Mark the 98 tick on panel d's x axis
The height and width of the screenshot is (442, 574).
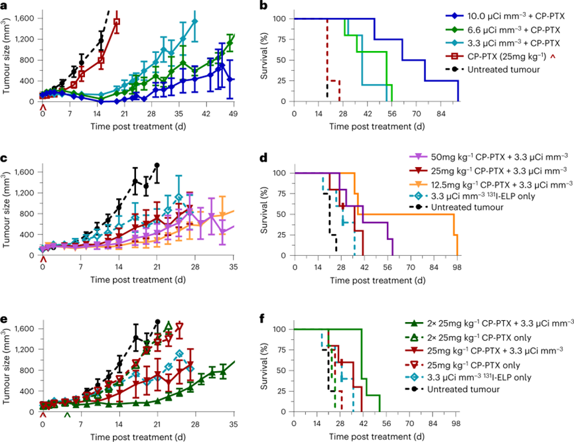click(x=457, y=268)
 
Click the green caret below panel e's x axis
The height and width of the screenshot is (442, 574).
click(x=66, y=415)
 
